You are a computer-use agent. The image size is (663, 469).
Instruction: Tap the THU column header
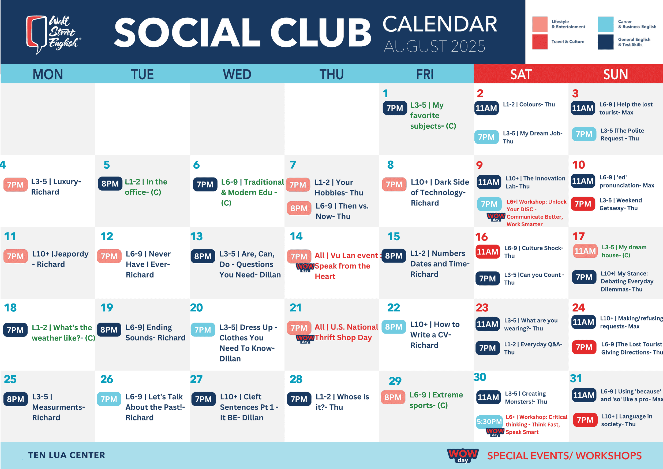(332, 74)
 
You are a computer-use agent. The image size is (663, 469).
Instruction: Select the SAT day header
(521, 74)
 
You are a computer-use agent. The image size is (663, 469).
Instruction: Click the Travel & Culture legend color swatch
(540, 42)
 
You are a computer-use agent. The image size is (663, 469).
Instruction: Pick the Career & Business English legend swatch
(605, 24)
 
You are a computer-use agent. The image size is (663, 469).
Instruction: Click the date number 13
(196, 237)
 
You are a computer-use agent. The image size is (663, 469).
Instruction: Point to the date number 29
(395, 381)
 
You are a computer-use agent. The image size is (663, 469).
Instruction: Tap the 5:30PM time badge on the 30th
(489, 421)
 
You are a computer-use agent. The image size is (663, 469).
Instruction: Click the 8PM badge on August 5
(110, 183)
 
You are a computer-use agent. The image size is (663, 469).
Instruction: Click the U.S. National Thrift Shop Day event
(346, 332)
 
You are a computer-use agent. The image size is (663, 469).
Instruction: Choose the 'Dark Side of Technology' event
(440, 193)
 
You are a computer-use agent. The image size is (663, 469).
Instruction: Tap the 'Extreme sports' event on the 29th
(436, 400)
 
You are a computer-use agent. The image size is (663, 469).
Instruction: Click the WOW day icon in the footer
(463, 455)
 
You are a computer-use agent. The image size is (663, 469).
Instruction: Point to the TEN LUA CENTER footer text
(67, 455)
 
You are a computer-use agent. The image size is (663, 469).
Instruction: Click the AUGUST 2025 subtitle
(434, 46)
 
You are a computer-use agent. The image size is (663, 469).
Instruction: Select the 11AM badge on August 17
(585, 251)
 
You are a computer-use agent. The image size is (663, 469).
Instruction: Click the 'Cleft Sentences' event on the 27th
(249, 407)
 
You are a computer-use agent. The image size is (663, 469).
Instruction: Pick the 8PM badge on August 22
(394, 327)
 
